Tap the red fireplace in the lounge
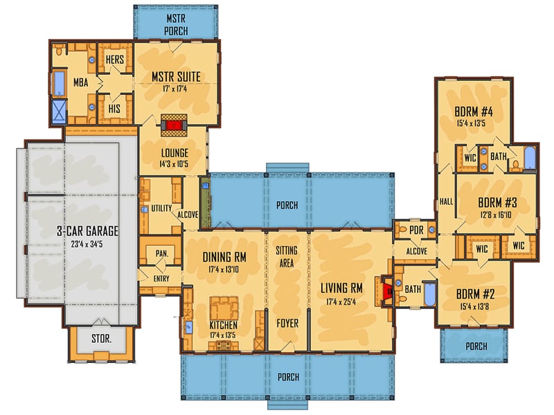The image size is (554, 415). pos(175,125)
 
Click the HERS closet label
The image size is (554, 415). pos(114,60)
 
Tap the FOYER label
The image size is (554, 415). pos(287,324)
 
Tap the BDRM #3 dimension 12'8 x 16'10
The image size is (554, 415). pos(498,215)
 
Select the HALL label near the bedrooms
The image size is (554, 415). pos(445,201)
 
